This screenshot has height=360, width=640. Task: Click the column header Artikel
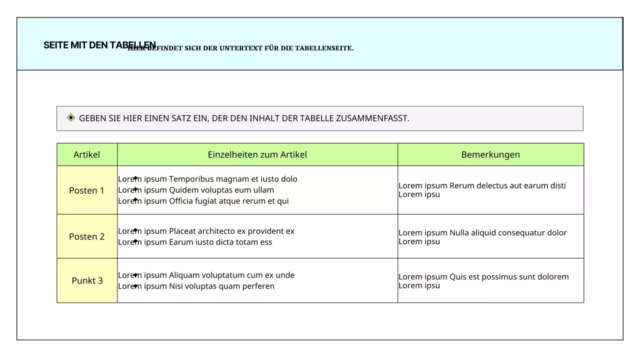86,154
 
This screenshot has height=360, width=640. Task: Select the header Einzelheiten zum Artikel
257,154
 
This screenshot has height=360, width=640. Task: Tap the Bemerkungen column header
490,154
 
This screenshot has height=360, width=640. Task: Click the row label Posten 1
86,190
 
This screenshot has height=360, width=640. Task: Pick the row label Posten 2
86,236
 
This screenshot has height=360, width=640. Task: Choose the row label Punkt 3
87,280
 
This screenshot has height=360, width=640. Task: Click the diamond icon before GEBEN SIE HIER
71,118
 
